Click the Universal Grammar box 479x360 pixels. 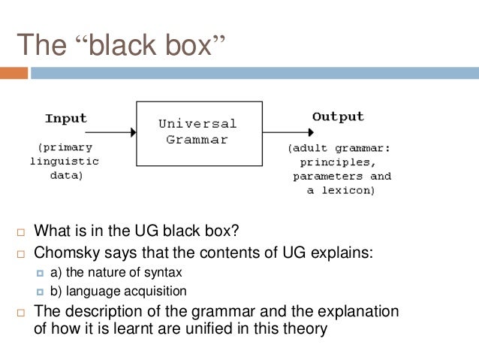198,133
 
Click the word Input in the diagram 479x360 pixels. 66,119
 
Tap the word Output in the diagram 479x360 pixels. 338,117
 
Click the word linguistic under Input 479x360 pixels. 65,162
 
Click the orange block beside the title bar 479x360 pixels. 14,74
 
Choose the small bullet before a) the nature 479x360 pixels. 41,273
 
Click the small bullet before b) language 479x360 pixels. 41,292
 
